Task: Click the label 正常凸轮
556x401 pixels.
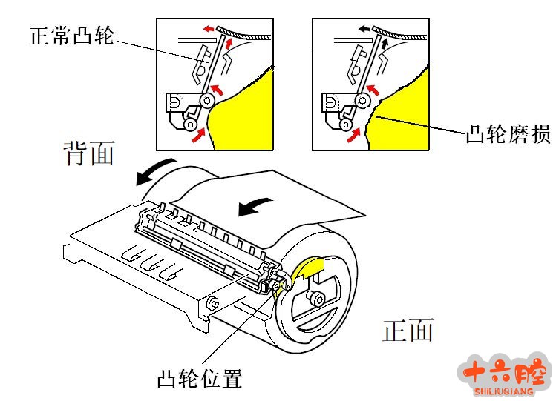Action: tap(72, 34)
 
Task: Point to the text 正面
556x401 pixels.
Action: tap(408, 330)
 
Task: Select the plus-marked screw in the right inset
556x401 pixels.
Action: tap(330, 101)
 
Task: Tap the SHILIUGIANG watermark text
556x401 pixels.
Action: tap(505, 389)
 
